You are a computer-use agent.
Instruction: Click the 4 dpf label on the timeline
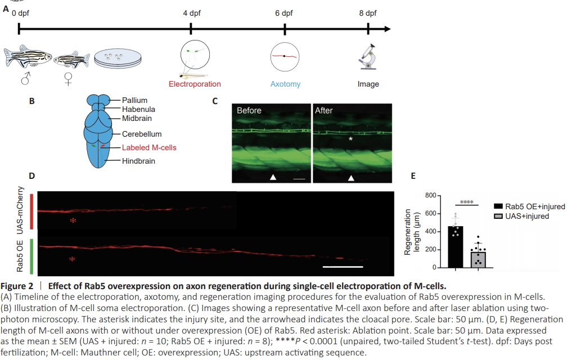pos(192,13)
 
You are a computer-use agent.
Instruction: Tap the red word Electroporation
pos(195,84)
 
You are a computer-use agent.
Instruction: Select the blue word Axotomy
pos(285,84)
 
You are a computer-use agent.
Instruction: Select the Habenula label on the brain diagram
pos(138,109)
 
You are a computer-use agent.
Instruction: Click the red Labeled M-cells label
pos(149,148)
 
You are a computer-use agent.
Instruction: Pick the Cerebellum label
pos(142,134)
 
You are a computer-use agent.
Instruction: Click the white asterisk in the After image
pos(350,138)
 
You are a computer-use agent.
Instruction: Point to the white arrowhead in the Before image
pos(273,178)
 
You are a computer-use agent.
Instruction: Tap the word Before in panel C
pos(249,111)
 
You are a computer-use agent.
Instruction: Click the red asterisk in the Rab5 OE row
pos(71,259)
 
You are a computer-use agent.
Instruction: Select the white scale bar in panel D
pos(342,265)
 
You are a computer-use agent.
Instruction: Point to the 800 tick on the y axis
pos(430,196)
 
